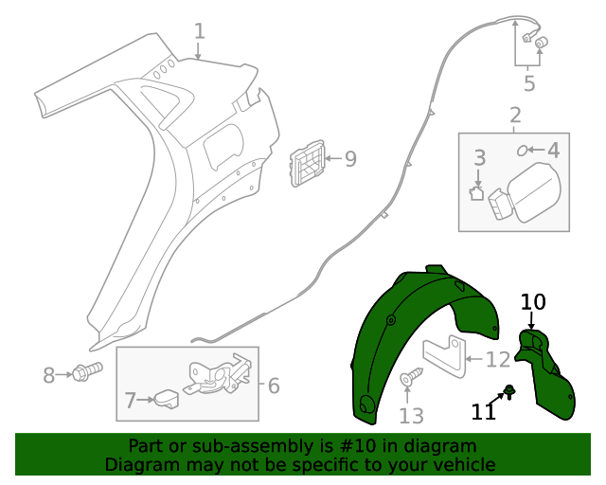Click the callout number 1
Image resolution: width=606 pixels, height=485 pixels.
click(199, 31)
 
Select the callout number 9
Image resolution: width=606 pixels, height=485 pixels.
click(350, 159)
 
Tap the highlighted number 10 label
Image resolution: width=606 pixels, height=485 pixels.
click(533, 302)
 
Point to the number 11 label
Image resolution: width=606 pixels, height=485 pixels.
click(484, 411)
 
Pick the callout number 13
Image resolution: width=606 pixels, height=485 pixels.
click(411, 416)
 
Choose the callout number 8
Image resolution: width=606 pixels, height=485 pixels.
click(49, 376)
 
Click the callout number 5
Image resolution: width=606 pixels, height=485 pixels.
click(528, 83)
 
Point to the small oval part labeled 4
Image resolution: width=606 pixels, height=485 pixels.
click(522, 150)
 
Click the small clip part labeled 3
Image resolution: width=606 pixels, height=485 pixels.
click(477, 194)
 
